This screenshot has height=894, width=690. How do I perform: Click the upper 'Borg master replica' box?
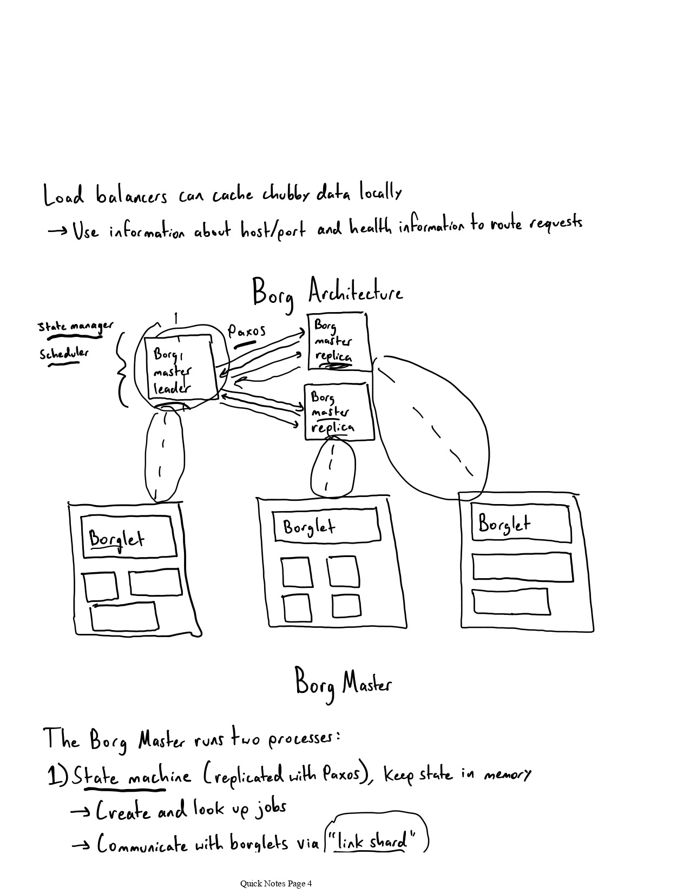click(338, 341)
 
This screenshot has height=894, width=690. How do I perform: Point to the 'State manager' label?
click(75, 326)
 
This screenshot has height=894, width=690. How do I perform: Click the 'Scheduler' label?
click(64, 354)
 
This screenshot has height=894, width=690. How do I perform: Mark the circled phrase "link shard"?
click(375, 842)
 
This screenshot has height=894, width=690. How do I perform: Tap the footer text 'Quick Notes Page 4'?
click(276, 884)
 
